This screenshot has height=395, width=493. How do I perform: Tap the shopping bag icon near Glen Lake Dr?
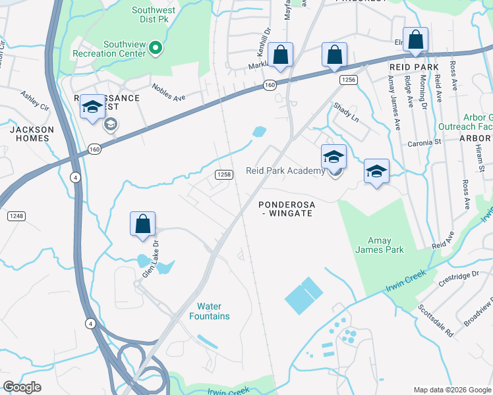click(x=142, y=224)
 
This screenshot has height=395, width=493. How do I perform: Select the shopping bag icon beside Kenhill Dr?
click(x=280, y=57)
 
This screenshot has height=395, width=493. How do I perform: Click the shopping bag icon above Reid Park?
click(x=415, y=41)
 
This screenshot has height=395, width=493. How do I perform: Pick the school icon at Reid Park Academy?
click(x=333, y=158)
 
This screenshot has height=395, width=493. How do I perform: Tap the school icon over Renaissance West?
click(x=92, y=107)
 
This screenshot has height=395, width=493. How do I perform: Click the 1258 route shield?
click(x=224, y=174)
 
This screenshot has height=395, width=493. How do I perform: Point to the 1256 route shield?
click(x=349, y=80)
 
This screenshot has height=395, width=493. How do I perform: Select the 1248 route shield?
click(x=16, y=216)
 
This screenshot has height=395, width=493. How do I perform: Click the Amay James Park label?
click(x=381, y=246)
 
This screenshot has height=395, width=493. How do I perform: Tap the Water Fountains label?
click(x=214, y=311)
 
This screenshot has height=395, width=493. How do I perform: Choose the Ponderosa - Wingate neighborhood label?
click(x=287, y=209)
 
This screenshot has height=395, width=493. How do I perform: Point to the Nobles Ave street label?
click(x=169, y=92)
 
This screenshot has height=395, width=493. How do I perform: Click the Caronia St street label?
click(x=424, y=142)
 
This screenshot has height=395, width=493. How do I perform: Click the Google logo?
click(x=22, y=387)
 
